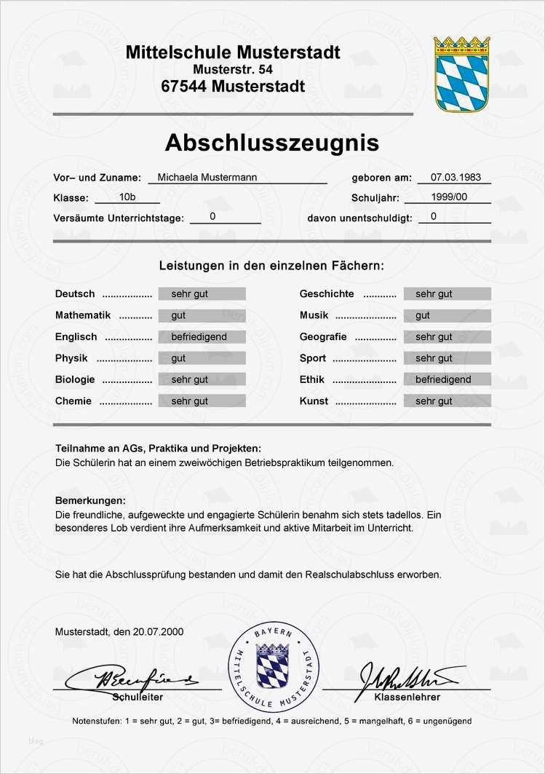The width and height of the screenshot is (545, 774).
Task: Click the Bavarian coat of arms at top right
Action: coord(462,74)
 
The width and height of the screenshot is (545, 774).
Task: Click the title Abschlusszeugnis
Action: coord(271,142)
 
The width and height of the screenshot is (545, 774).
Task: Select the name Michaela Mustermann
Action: coord(207,177)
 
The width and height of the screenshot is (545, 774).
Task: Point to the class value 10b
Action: coord(127,197)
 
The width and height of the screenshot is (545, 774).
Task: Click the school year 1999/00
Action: coord(448,197)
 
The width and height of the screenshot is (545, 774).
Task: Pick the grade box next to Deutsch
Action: coord(202,294)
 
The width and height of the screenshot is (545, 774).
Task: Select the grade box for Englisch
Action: coord(202,337)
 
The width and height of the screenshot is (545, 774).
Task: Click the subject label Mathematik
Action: coord(82,315)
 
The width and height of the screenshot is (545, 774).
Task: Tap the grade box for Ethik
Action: coord(447,379)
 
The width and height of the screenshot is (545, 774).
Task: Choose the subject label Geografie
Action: coord(323,337)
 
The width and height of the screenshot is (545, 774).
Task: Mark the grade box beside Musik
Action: coord(447,315)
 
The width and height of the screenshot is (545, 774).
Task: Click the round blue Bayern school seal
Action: coord(274,666)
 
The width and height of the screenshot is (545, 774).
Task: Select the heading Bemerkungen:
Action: coord(90,501)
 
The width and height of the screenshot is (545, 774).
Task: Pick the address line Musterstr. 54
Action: coord(232,69)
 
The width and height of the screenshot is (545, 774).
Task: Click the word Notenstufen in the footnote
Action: coord(97,721)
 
